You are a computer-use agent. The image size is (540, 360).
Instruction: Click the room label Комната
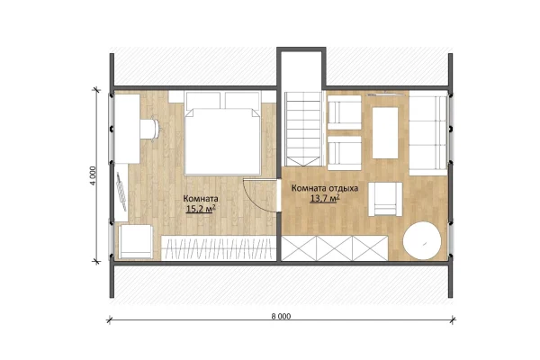201,199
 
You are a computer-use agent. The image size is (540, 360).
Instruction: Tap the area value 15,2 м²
201,209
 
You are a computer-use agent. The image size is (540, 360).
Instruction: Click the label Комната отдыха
325,188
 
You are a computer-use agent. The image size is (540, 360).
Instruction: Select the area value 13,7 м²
325,198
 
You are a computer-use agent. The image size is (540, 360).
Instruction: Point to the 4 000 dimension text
93,176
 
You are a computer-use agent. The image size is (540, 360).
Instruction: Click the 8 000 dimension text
281,316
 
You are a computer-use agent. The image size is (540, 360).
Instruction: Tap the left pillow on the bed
202,100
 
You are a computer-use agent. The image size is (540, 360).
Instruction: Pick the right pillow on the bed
242,100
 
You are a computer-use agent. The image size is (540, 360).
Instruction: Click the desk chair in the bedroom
151,130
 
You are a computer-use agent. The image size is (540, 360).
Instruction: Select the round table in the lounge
422,241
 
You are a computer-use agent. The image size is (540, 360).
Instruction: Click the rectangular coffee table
385,133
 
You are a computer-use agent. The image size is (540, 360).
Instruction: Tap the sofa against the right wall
428,133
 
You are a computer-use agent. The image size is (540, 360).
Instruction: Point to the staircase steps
303,129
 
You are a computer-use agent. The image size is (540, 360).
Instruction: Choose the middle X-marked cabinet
335,248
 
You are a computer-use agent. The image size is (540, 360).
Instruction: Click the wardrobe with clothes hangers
219,247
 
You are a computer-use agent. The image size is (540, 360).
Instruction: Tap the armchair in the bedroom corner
135,241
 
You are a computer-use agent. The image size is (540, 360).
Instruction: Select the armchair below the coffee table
385,199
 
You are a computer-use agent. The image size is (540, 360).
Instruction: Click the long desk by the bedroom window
127,129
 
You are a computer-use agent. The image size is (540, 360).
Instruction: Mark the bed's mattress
222,141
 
